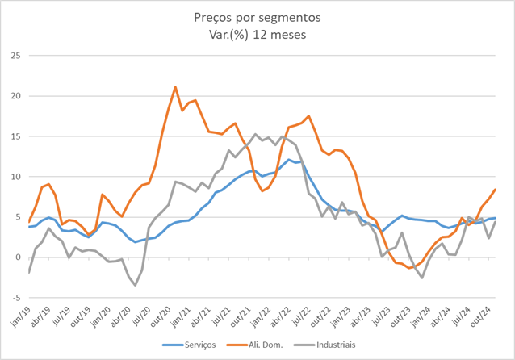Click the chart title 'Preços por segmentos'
(x=257, y=16)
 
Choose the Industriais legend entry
(x=329, y=345)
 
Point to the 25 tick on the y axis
(x=15, y=56)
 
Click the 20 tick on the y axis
(x=15, y=96)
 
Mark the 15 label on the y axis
(x=15, y=136)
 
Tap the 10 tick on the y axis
(x=15, y=177)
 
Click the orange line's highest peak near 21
(x=175, y=87)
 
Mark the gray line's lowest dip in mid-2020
(x=136, y=285)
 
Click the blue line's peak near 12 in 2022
(x=290, y=160)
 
